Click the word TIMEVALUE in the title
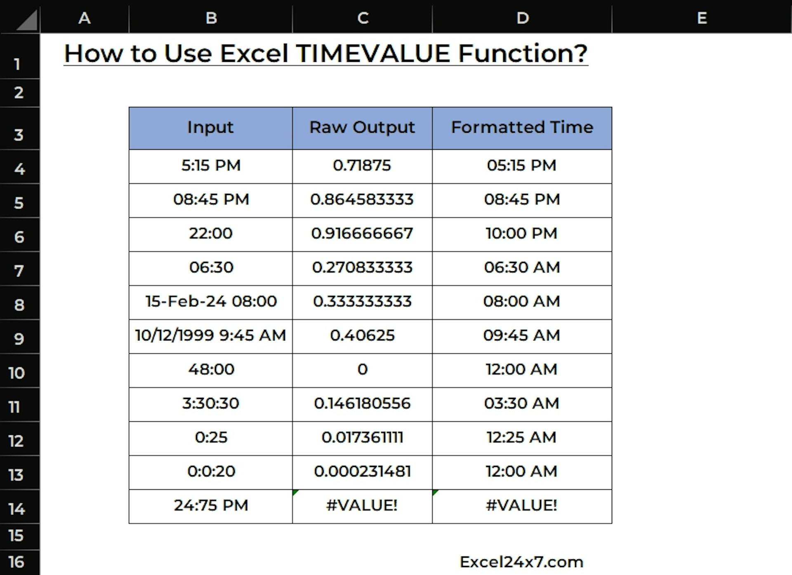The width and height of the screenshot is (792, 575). [373, 54]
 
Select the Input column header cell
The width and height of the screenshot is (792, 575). [211, 128]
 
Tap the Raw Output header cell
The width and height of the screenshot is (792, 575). [362, 128]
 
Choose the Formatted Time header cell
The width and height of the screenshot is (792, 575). [522, 128]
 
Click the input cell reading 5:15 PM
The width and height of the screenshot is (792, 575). [211, 166]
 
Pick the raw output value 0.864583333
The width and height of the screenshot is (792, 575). [362, 200]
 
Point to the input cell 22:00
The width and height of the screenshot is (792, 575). [211, 234]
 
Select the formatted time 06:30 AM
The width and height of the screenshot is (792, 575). [522, 268]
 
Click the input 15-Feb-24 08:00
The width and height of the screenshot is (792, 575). [211, 302]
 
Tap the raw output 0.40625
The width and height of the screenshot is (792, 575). [362, 336]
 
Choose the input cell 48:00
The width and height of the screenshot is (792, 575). [211, 370]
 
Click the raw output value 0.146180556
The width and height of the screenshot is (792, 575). [362, 404]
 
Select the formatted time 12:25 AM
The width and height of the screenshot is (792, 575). [522, 438]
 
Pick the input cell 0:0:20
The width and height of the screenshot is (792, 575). [211, 472]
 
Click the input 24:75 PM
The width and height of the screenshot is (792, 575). [211, 506]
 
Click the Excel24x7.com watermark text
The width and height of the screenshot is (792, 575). [522, 562]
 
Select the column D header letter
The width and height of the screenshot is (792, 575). [523, 18]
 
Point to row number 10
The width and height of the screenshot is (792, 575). [16, 373]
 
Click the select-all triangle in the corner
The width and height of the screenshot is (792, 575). [29, 22]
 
